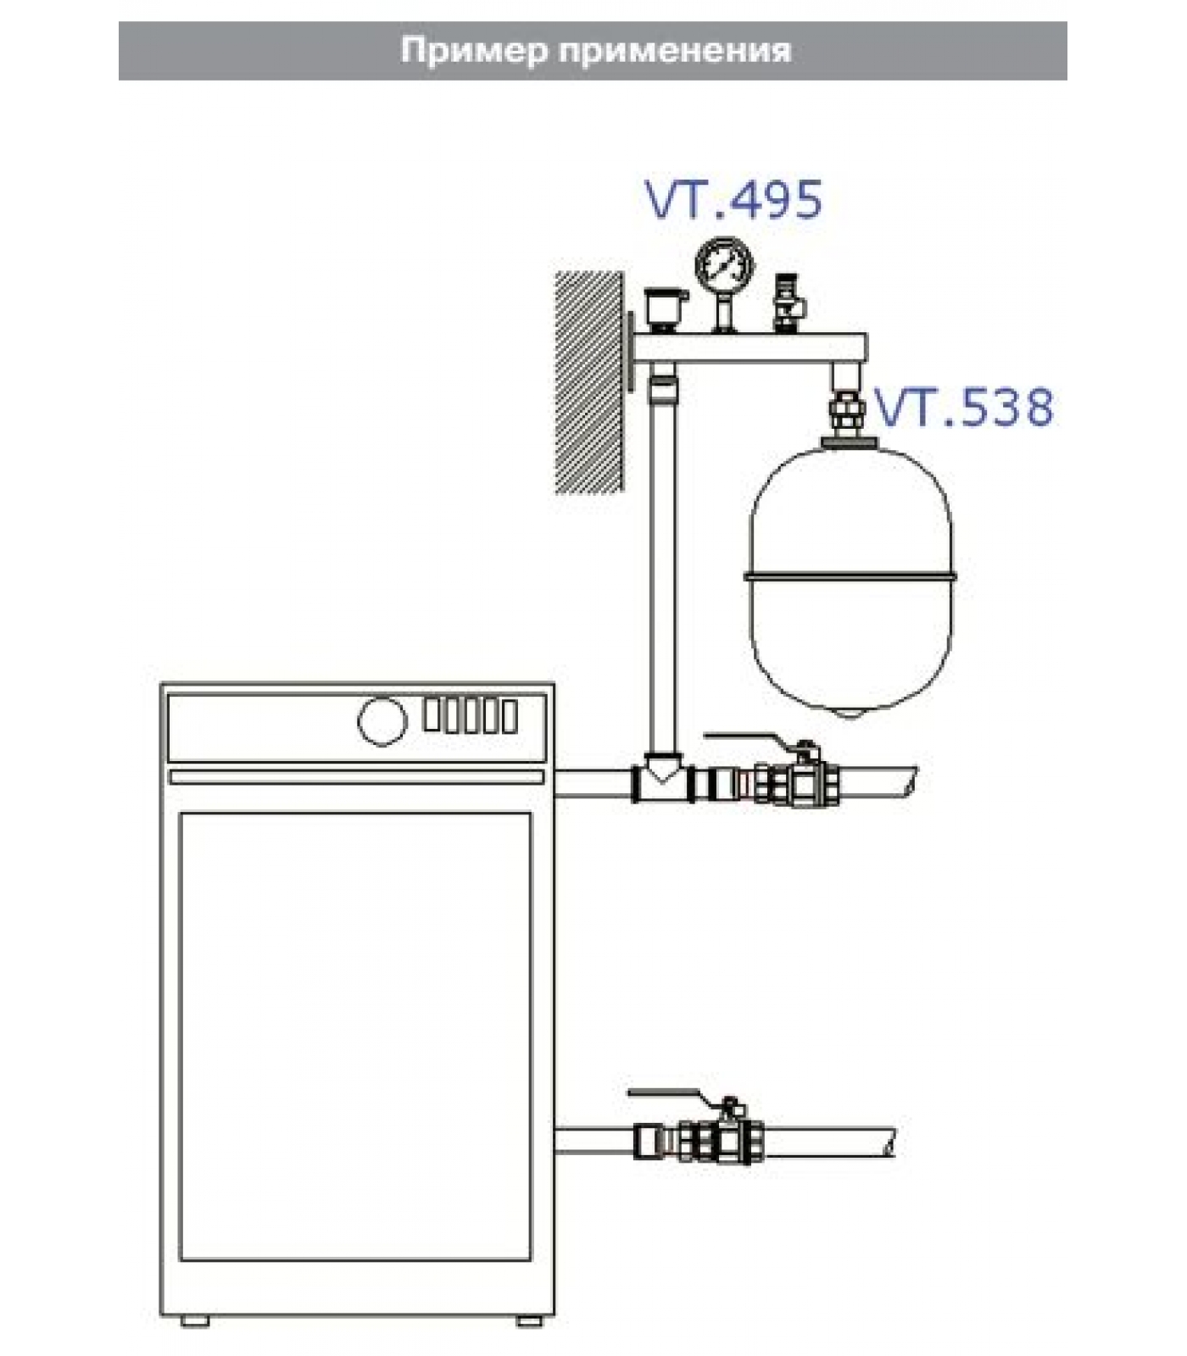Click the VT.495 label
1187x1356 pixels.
pos(734,200)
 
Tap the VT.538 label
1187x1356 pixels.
pos(964,407)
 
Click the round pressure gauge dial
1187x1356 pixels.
pos(724,266)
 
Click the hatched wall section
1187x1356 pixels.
pos(589,381)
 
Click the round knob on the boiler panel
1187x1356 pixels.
pos(382,722)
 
